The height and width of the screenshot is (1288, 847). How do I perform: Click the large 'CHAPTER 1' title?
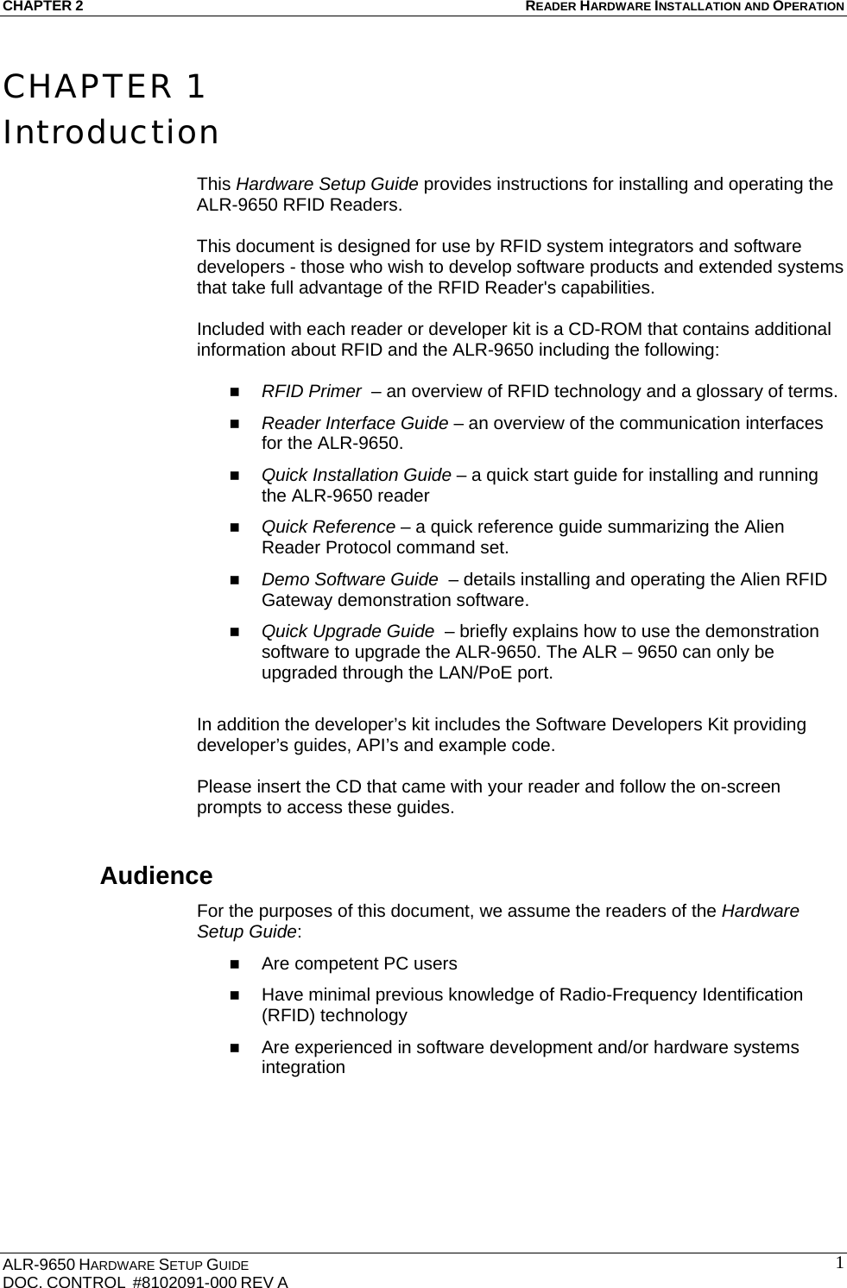(104, 87)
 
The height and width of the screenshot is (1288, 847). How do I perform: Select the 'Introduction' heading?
(111, 133)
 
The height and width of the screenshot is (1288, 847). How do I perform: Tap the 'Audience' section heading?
(156, 875)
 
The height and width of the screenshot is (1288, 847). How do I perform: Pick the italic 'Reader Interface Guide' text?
(354, 423)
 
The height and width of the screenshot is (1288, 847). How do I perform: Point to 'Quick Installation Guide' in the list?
(356, 475)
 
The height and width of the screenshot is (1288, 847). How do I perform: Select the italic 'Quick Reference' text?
(328, 527)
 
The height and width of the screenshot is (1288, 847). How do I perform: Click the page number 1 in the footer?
(838, 1264)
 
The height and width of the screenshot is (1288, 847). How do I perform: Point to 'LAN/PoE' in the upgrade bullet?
(470, 672)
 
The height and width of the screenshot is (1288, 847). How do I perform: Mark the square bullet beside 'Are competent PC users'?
(234, 963)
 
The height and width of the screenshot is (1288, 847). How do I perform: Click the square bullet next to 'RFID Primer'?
(234, 392)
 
